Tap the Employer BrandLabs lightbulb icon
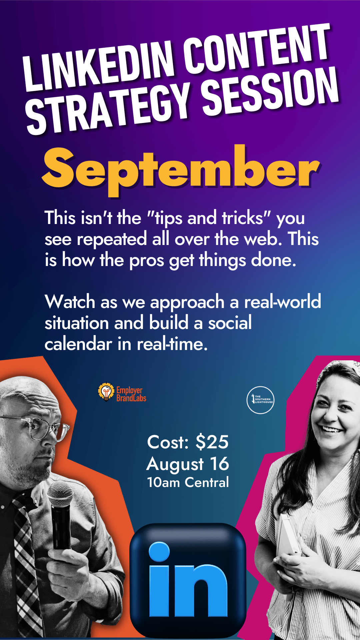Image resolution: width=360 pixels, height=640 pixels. (x=106, y=392)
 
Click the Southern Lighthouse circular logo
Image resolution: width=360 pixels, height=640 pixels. (x=260, y=400)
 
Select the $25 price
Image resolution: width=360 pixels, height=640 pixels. (x=212, y=442)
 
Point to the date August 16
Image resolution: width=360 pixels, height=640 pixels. (x=188, y=464)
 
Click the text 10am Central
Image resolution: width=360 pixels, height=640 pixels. (x=188, y=482)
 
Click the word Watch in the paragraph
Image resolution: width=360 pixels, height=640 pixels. (x=70, y=302)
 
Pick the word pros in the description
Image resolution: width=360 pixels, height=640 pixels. (x=146, y=261)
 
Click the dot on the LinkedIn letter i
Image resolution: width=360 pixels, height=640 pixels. (x=159, y=552)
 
